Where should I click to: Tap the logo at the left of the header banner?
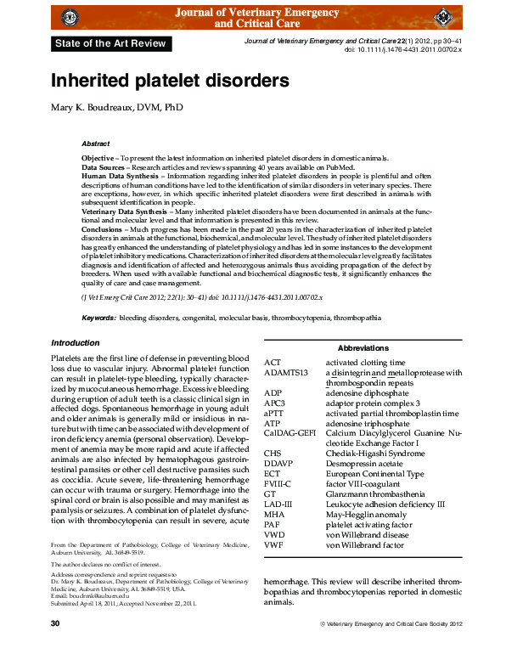pos(70,16)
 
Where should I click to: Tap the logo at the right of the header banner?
pos(443,17)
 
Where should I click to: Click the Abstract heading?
pos(95,144)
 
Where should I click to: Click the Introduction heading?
pos(76,343)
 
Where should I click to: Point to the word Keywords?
pos(98,318)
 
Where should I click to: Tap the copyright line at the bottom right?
pos(390,649)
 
